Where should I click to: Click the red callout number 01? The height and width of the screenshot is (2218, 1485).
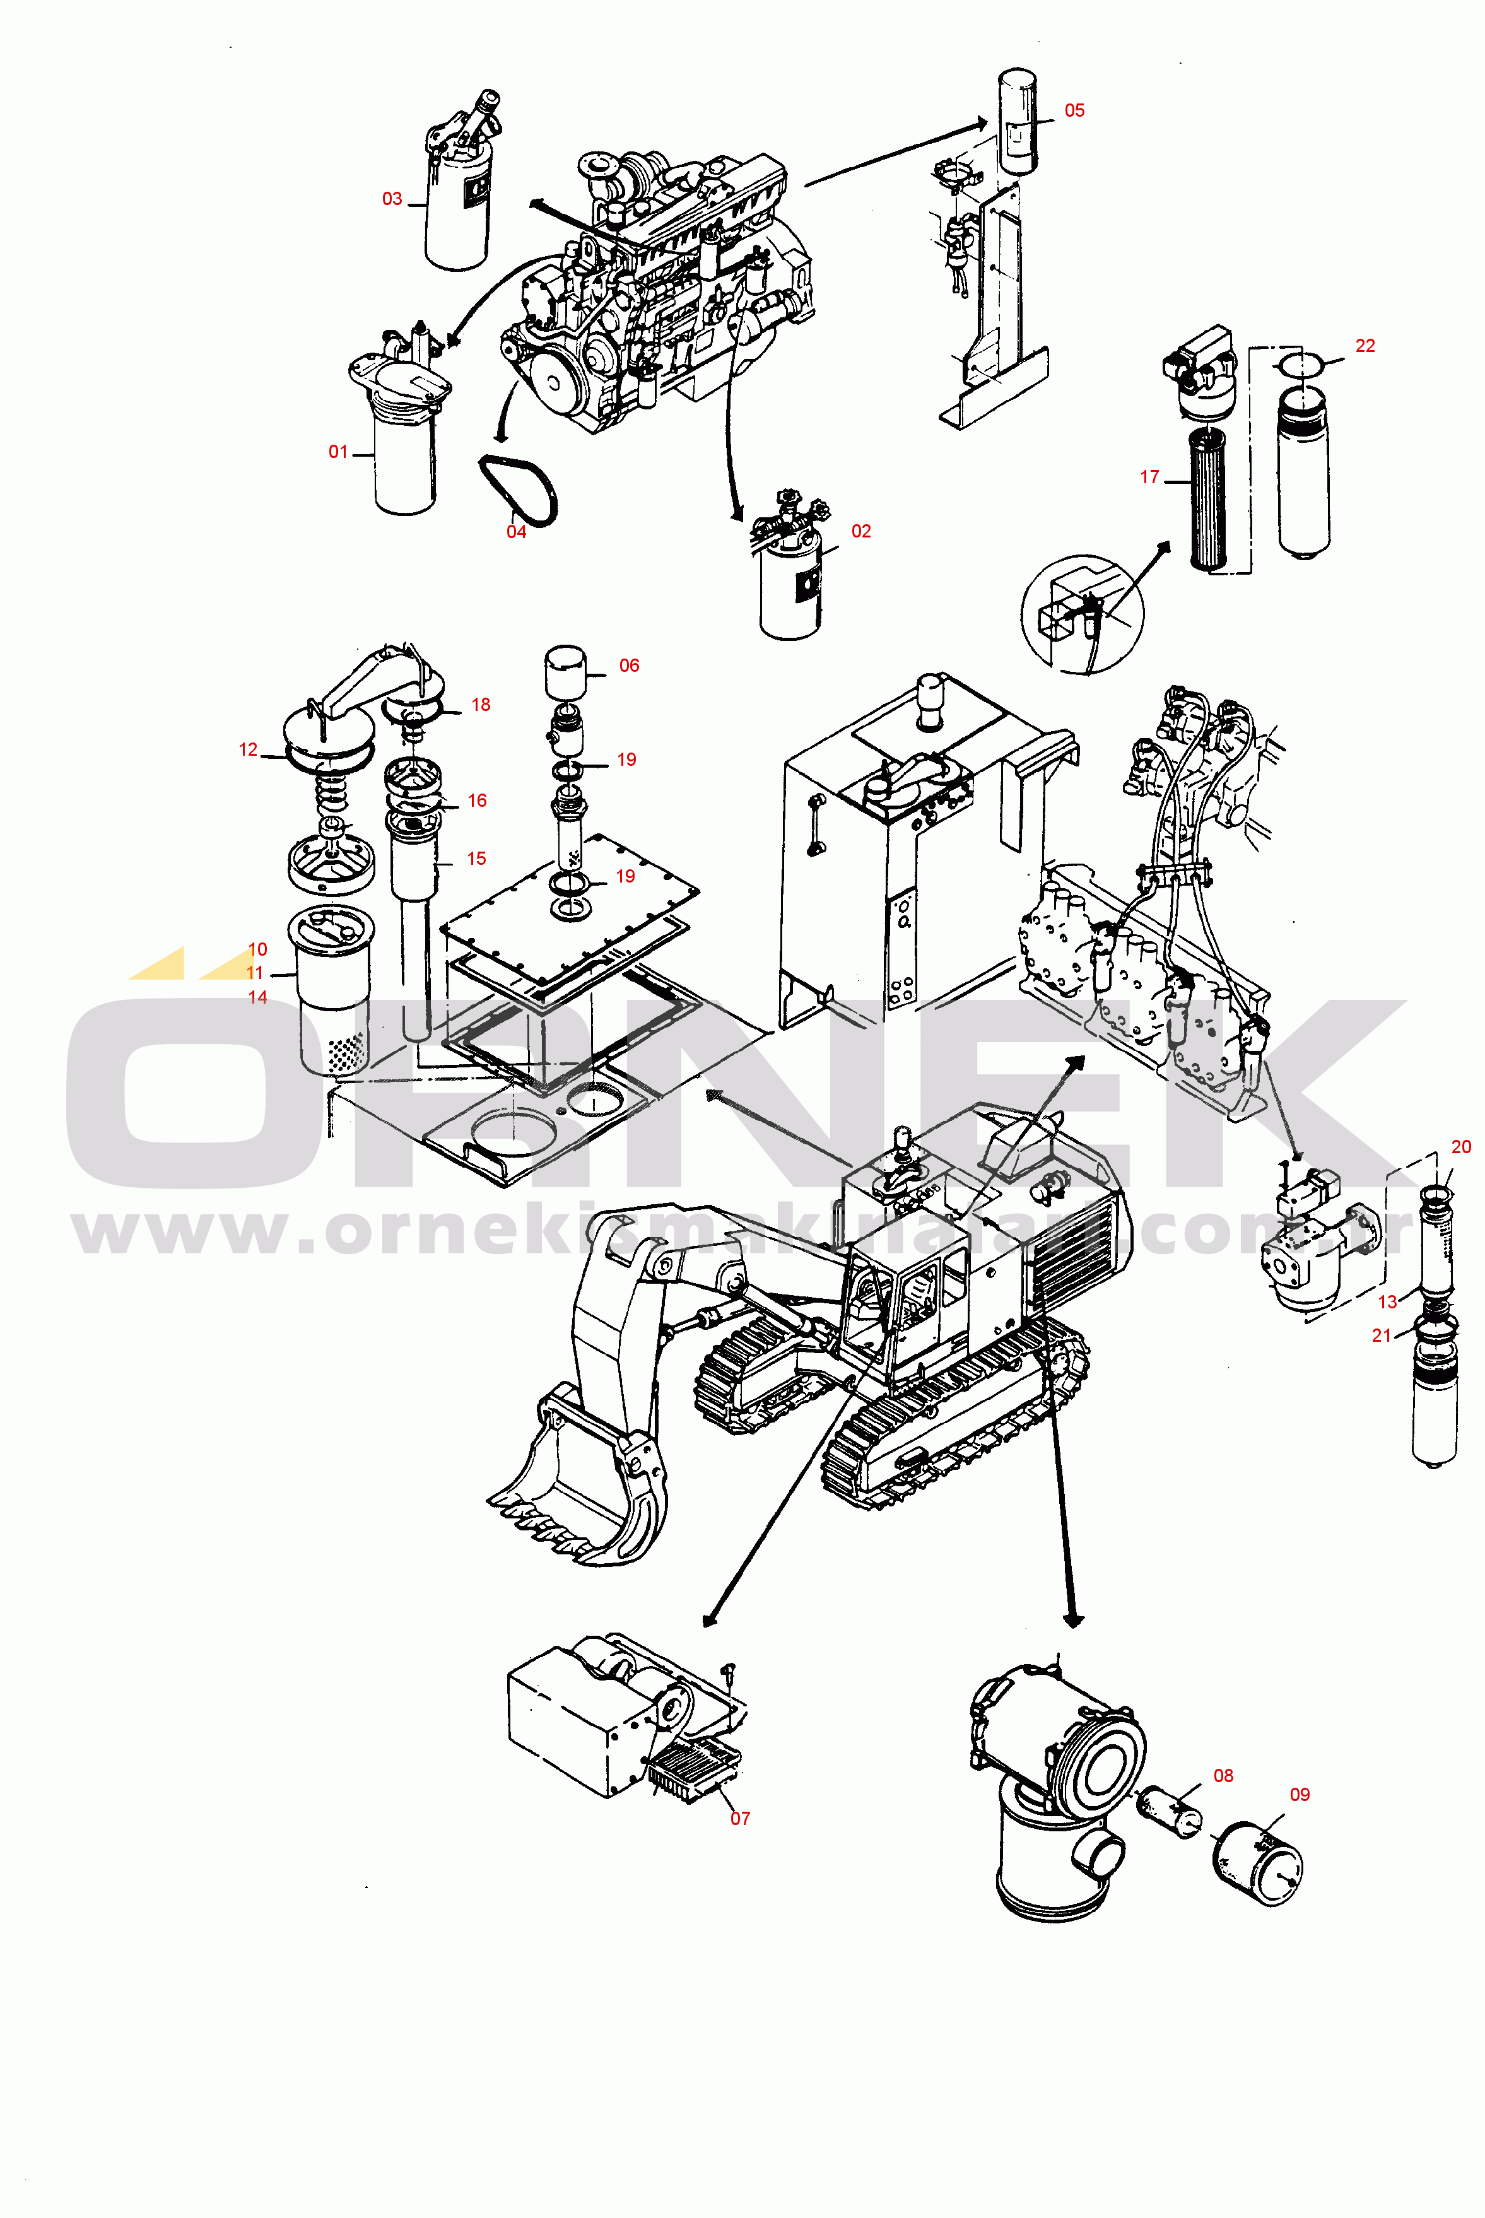pyautogui.click(x=338, y=452)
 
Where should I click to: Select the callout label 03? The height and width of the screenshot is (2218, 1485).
pyautogui.click(x=392, y=199)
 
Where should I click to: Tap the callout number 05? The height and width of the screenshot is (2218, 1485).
pyautogui.click(x=1074, y=111)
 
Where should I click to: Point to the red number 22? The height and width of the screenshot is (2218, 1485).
pyautogui.click(x=1365, y=346)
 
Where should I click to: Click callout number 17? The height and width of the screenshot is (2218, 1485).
pyautogui.click(x=1150, y=478)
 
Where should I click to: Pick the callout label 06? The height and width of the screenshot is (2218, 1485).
pyautogui.click(x=629, y=666)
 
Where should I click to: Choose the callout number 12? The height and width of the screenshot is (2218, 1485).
pyautogui.click(x=248, y=750)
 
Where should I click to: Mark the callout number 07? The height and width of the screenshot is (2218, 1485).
pyautogui.click(x=739, y=1818)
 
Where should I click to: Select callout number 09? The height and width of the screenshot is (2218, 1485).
pyautogui.click(x=1300, y=1795)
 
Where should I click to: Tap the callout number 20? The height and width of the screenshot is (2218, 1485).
pyautogui.click(x=1460, y=1147)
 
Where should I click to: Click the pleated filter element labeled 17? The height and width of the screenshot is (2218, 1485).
pyautogui.click(x=1209, y=499)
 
